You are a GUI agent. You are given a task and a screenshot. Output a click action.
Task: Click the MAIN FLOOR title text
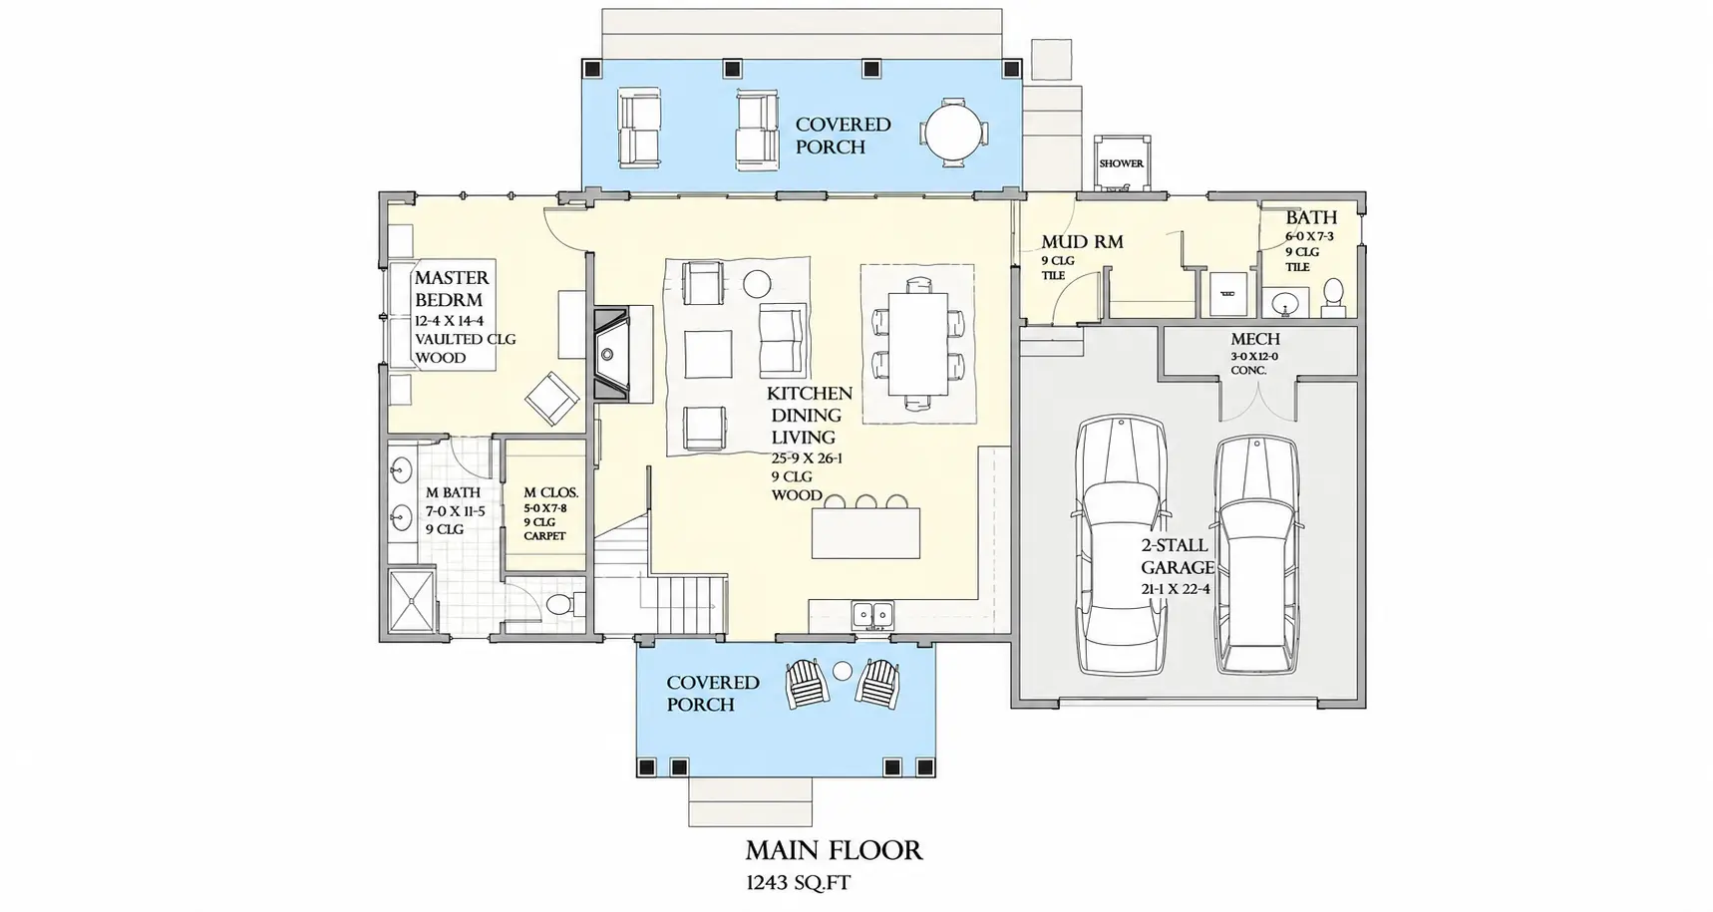(834, 850)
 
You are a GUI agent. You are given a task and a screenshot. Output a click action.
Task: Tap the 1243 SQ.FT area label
(798, 882)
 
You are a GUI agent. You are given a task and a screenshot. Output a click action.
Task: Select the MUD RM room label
(1082, 241)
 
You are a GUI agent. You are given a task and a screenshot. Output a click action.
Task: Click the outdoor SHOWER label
(1121, 163)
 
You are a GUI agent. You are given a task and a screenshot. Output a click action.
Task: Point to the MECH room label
(1255, 340)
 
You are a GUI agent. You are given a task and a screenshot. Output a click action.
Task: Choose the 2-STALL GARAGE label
(1178, 556)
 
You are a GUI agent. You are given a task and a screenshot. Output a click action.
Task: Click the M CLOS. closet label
(550, 492)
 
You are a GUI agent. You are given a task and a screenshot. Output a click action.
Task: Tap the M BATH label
(453, 492)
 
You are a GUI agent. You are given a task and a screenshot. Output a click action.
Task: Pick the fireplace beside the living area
(609, 354)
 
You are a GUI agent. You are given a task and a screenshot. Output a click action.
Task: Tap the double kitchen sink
(872, 616)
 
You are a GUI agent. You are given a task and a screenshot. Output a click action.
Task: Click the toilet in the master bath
(561, 603)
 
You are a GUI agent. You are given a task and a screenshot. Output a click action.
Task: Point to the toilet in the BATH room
(1333, 293)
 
